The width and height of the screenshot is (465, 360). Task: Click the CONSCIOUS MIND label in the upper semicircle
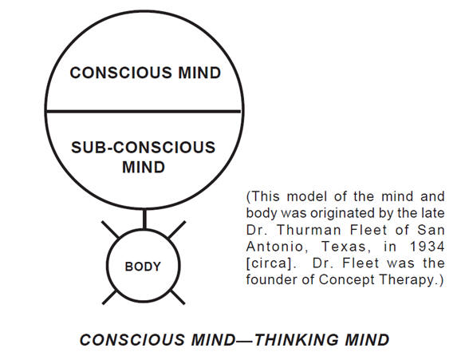pyautogui.click(x=145, y=73)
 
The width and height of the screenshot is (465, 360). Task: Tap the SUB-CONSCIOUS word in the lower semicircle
pyautogui.click(x=144, y=147)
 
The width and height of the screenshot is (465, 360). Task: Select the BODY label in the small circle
pyautogui.click(x=143, y=267)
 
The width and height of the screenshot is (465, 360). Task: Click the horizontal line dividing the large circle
pyautogui.click(x=144, y=111)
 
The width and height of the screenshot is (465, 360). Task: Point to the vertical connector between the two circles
pyautogui.click(x=144, y=220)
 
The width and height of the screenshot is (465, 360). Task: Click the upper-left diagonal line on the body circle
pyautogui.click(x=110, y=229)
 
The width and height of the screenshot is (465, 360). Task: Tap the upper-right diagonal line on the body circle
pyautogui.click(x=177, y=230)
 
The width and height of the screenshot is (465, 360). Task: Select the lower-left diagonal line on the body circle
pyautogui.click(x=110, y=297)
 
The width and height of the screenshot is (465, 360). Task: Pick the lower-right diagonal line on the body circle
pyautogui.click(x=178, y=297)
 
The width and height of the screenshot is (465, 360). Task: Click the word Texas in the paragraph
pyautogui.click(x=346, y=247)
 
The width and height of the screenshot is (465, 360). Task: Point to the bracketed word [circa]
pyautogui.click(x=271, y=263)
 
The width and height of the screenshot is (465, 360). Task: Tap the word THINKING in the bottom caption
pyautogui.click(x=296, y=340)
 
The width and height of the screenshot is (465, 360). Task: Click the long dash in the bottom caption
pyautogui.click(x=245, y=341)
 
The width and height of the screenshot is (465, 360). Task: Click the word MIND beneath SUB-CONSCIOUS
pyautogui.click(x=144, y=167)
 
